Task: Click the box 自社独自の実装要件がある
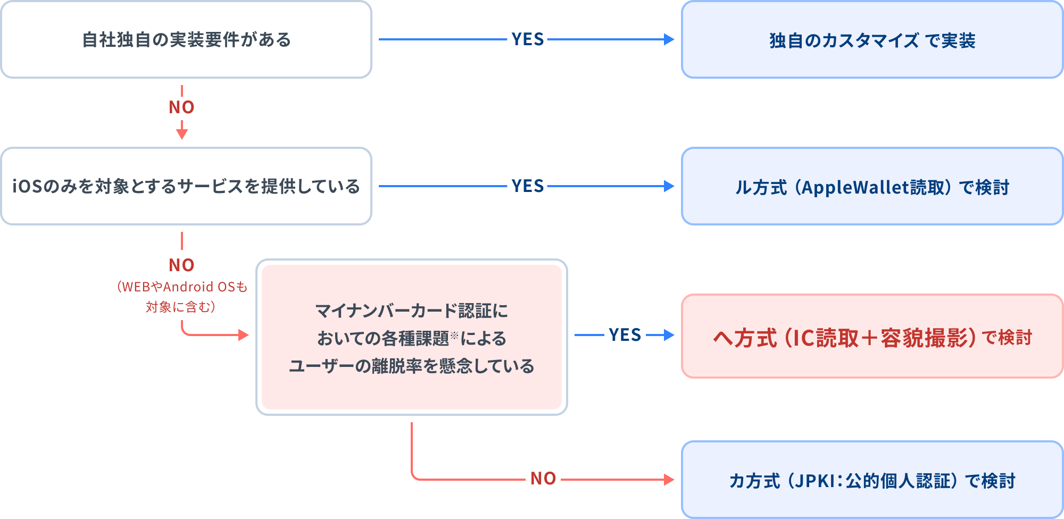coord(186,40)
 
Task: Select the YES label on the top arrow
coord(527,39)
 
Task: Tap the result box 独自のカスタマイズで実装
coord(872,40)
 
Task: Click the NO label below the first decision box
coord(181,107)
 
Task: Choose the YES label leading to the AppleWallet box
coord(527,186)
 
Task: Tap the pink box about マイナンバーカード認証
coord(411,337)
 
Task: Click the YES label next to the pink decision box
coord(625,335)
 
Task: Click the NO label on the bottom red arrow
coord(543,479)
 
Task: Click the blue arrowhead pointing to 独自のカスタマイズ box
coord(669,39)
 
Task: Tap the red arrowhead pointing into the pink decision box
coord(244,334)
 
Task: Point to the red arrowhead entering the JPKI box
coord(669,480)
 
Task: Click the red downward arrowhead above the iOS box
coord(182,134)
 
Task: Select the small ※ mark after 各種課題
coord(454,335)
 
